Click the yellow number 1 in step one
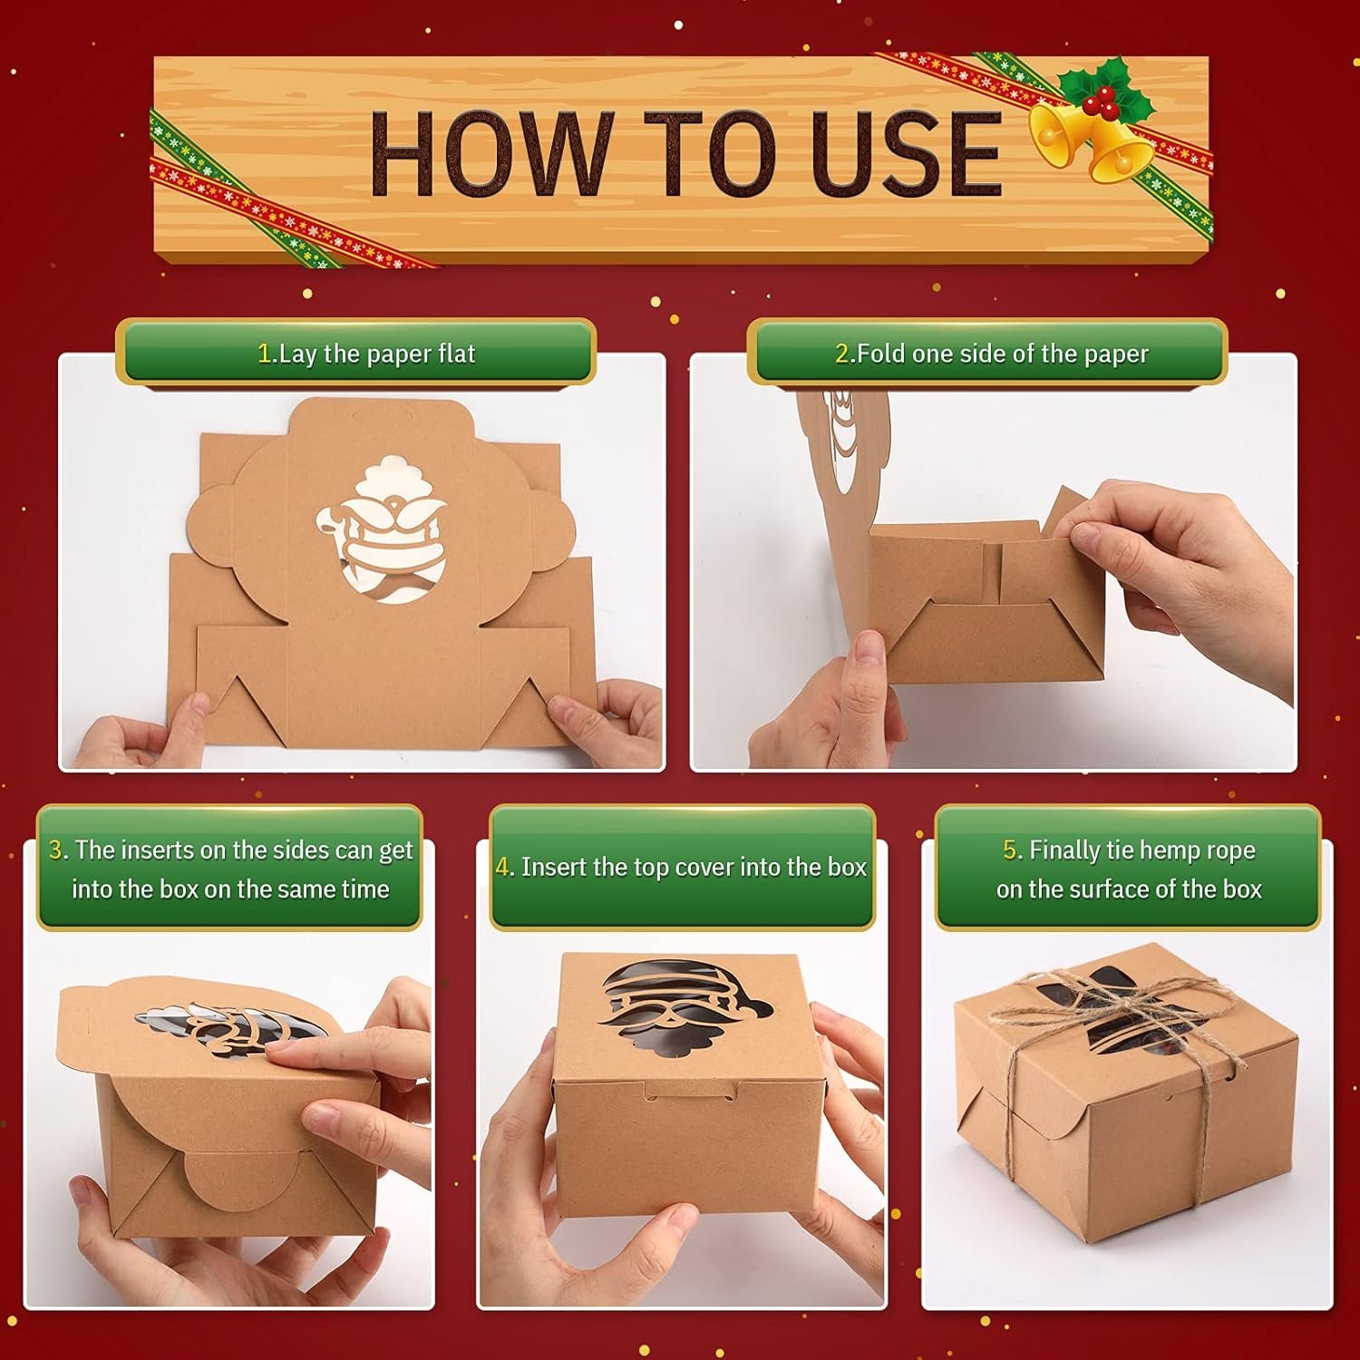pos(264,354)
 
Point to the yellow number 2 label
pos(842,354)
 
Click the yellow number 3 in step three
pos(56,850)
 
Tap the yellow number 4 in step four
pos(503,868)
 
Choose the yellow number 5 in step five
pos(1011,850)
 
